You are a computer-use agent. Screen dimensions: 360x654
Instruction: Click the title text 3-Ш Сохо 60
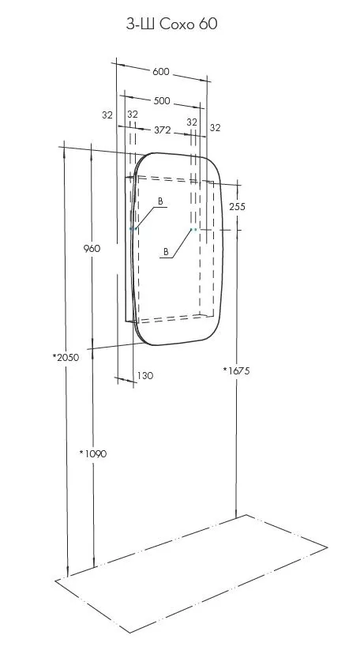(x=171, y=24)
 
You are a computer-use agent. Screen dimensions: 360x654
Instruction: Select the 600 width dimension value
(x=161, y=71)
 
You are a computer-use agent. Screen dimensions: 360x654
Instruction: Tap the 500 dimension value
(x=162, y=100)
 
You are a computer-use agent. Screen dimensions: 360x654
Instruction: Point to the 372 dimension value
(x=163, y=130)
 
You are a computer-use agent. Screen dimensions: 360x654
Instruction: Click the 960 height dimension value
(x=92, y=249)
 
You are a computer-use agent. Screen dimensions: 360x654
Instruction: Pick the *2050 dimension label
(x=66, y=358)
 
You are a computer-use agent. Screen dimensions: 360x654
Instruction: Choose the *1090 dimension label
(x=93, y=453)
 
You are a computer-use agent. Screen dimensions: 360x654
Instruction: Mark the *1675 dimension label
(x=237, y=370)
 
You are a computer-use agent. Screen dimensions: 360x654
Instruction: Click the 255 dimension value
(x=237, y=206)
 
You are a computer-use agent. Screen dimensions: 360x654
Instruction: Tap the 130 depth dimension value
(x=145, y=375)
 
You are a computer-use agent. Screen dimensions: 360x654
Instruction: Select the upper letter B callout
(x=160, y=201)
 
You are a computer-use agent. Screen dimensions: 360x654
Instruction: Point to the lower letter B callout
(x=166, y=252)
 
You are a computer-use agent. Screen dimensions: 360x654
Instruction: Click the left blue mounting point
(x=133, y=228)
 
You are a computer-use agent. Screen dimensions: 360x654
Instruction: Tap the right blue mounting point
(x=193, y=229)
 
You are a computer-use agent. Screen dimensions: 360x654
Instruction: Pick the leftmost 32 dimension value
(x=107, y=115)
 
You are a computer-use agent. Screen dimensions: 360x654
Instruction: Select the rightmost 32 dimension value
(x=215, y=128)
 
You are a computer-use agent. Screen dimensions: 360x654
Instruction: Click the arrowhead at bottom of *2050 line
(x=68, y=573)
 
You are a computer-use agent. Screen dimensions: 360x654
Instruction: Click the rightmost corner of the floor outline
(x=328, y=547)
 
